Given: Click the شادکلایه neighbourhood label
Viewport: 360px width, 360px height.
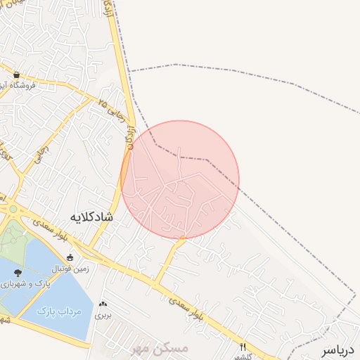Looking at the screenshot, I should (x=92, y=217).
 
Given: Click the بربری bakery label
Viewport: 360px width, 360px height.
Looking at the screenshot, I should (x=104, y=316).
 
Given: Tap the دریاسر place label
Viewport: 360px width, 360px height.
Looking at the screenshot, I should (x=339, y=349).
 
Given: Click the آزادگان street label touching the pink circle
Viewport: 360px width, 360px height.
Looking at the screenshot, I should (x=129, y=139).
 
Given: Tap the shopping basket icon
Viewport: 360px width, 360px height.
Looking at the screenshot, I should (x=16, y=75).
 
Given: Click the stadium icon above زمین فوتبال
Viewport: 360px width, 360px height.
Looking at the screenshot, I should (x=69, y=257).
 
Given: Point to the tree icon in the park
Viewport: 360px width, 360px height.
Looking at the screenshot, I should (x=18, y=272).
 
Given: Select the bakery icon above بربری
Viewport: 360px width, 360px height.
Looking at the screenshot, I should (x=104, y=304).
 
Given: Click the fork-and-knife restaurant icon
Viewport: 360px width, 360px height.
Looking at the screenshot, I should (x=243, y=346).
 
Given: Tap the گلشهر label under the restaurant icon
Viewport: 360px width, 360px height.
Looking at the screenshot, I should (x=244, y=356).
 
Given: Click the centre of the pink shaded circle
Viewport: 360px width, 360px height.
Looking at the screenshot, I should (x=180, y=179).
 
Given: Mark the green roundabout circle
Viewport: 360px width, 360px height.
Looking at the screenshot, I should (x=12, y=209).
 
